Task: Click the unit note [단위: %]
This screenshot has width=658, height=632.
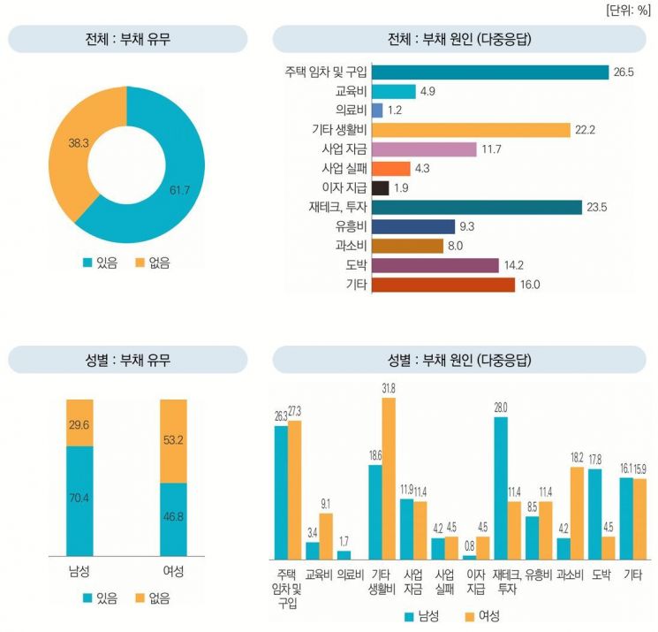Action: pyautogui.click(x=628, y=11)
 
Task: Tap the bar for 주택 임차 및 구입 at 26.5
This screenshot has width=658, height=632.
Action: pyautogui.click(x=490, y=72)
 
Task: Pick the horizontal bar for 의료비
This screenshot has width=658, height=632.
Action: pyautogui.click(x=377, y=110)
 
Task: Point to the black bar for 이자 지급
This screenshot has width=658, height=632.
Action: pyautogui.click(x=381, y=188)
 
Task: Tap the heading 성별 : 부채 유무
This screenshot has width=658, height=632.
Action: pyautogui.click(x=127, y=360)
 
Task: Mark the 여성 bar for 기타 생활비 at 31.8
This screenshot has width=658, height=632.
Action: pyautogui.click(x=389, y=478)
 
